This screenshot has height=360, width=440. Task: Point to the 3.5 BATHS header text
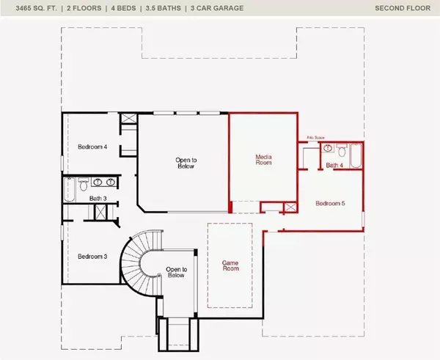point(166,9)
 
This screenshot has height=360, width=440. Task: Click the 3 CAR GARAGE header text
point(218,9)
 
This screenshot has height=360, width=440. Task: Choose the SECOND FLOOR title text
point(403,9)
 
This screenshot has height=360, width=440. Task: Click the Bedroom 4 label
point(93,147)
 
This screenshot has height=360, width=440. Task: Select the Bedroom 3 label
point(93,256)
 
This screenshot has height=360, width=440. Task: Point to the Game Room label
point(231,265)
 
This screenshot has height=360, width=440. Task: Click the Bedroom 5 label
point(330,203)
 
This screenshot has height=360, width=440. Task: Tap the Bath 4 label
point(335,166)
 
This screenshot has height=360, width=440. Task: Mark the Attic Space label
point(315,138)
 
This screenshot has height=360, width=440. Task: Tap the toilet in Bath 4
point(327,149)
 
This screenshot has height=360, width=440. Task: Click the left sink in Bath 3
point(97,182)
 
